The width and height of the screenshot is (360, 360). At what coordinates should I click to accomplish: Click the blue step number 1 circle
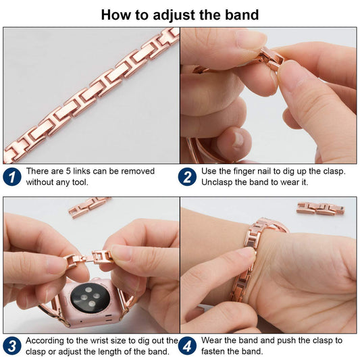point(12,177)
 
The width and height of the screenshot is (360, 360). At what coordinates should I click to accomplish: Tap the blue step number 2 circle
point(187,177)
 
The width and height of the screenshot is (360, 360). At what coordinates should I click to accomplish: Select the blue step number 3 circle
point(12,346)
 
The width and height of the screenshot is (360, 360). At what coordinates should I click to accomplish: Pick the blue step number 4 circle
point(187,346)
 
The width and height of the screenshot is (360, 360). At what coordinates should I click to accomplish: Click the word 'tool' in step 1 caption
point(80,182)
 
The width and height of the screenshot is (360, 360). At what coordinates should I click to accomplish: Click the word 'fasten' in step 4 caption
point(213,351)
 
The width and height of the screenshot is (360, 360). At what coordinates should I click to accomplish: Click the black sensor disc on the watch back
point(90,298)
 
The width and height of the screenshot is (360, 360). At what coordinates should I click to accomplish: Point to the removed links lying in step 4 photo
point(321,209)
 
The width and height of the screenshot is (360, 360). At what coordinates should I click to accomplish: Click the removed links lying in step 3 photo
point(90,206)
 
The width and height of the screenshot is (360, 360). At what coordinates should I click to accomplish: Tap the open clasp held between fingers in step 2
point(271,58)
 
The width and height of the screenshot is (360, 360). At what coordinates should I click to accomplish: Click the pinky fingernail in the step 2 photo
point(238,139)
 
